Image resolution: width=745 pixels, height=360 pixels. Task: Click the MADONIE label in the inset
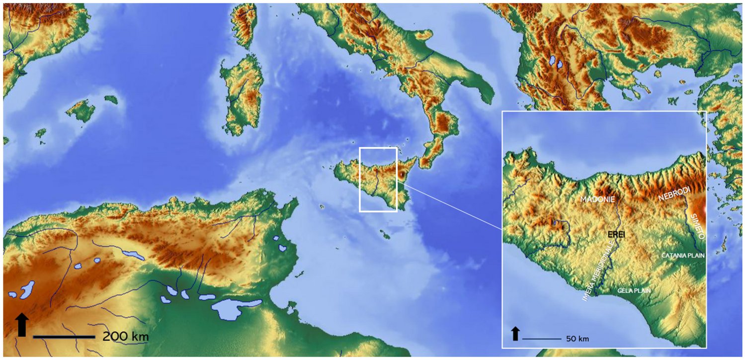(x=597, y=199)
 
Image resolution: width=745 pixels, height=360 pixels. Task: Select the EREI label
(x=616, y=234)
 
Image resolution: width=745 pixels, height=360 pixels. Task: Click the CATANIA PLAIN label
(x=683, y=255)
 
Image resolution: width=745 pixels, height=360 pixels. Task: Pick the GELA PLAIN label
(x=634, y=290)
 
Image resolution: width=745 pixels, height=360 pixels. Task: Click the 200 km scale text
(x=125, y=337)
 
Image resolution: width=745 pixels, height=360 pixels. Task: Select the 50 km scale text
(x=578, y=339)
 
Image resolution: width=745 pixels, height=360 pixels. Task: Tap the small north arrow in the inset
(x=515, y=333)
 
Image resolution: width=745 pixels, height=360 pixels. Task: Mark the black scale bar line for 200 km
(x=64, y=337)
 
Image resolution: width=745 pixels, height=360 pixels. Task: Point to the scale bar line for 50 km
(x=541, y=339)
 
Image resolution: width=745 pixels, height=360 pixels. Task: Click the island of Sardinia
(x=242, y=94)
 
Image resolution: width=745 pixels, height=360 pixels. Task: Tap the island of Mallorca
(x=81, y=111)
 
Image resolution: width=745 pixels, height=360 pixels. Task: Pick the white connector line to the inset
(x=450, y=205)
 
